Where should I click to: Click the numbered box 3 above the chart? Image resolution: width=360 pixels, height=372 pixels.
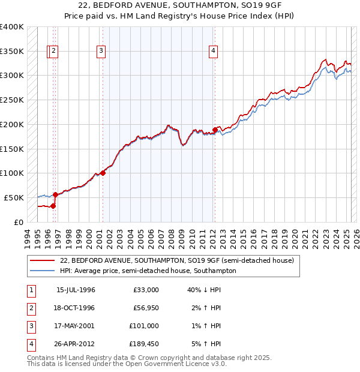pos(101,52)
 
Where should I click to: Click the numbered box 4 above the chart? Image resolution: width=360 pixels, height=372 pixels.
pos(213,52)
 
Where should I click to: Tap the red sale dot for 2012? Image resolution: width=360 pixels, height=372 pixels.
pos(215,129)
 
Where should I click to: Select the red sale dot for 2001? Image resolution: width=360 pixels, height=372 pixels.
pos(103,173)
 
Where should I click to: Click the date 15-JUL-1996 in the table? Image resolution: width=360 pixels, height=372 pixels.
pos(76,290)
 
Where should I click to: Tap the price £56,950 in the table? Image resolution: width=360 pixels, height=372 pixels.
pos(145,308)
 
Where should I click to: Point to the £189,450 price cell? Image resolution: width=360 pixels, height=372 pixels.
pos(145,344)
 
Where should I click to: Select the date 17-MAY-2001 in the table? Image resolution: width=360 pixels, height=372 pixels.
pos(76,326)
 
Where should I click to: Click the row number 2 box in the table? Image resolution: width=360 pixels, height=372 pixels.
pos(29,308)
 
